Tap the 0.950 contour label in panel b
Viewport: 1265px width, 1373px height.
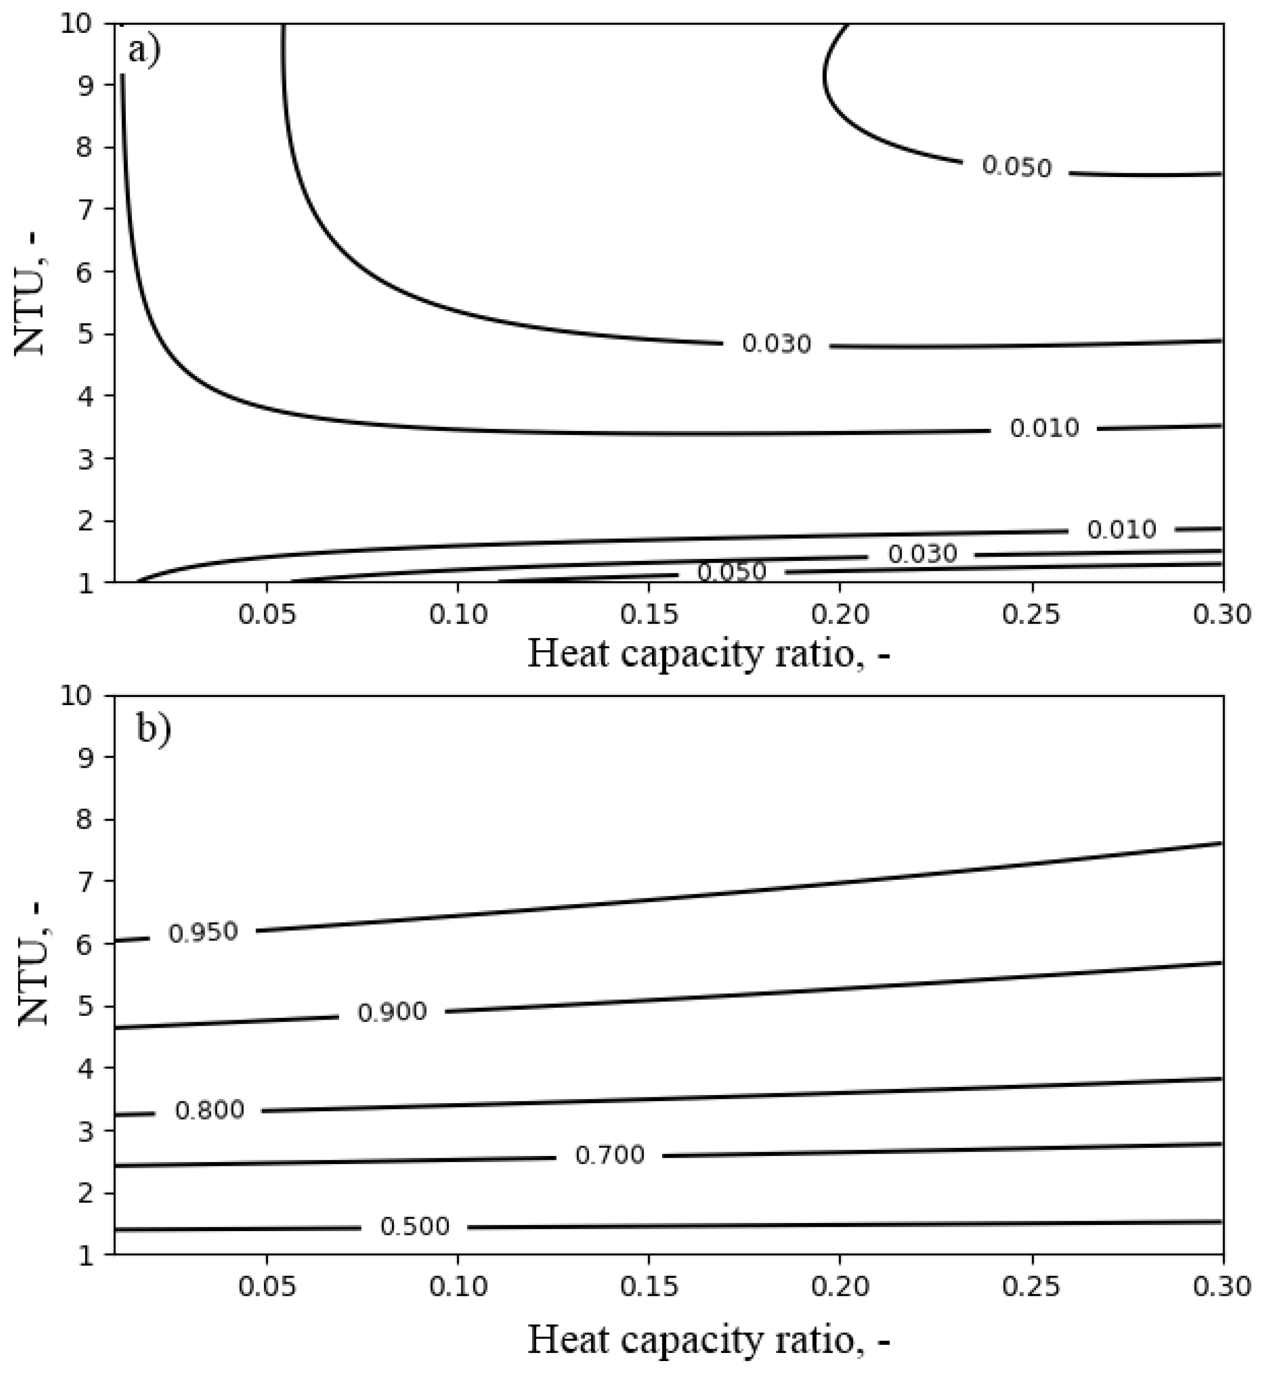[203, 932]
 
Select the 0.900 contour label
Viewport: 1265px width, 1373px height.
[392, 1012]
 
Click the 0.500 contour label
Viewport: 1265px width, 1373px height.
[415, 1226]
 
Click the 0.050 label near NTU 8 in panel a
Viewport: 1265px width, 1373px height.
[1016, 167]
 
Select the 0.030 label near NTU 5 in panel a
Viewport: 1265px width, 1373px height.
[776, 344]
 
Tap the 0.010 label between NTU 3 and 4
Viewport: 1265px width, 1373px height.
[1044, 428]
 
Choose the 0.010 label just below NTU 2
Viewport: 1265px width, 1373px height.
[1121, 529]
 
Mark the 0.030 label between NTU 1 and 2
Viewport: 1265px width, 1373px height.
[922, 554]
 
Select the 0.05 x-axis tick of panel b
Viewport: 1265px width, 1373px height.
[267, 1287]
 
